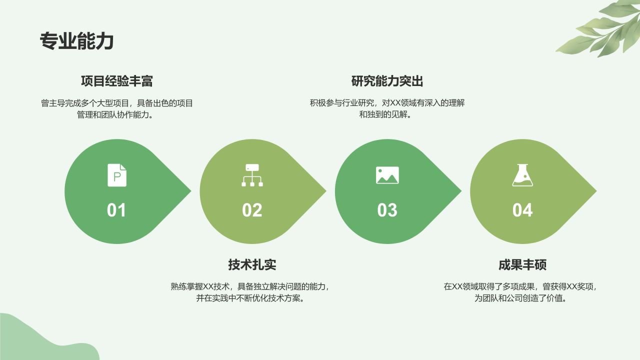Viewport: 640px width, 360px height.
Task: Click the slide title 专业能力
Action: pos(76,41)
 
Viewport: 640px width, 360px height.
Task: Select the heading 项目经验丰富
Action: pos(117,81)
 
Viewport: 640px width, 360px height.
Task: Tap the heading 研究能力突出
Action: pos(387,81)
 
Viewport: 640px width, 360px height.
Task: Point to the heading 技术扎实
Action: pos(252,264)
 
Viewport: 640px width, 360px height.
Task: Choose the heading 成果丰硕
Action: pos(522,264)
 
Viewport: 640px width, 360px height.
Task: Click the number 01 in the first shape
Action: pos(116,210)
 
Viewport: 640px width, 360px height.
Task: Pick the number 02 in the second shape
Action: pos(252,210)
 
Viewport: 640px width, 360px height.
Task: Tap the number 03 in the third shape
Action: pos(387,210)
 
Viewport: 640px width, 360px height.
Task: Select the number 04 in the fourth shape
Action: pos(522,210)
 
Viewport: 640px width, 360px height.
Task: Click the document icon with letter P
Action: pos(117,175)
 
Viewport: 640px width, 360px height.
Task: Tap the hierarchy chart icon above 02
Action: pos(252,175)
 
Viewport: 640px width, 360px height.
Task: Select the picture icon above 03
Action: pos(387,175)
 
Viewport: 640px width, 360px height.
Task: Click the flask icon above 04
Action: pos(522,175)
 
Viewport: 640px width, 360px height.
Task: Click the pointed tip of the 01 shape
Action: pos(189,191)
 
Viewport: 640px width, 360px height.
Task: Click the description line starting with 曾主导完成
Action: pos(117,103)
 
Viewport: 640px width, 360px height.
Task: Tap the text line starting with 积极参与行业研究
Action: pos(387,103)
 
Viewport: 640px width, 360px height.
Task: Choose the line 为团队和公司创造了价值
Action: pos(520,298)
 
